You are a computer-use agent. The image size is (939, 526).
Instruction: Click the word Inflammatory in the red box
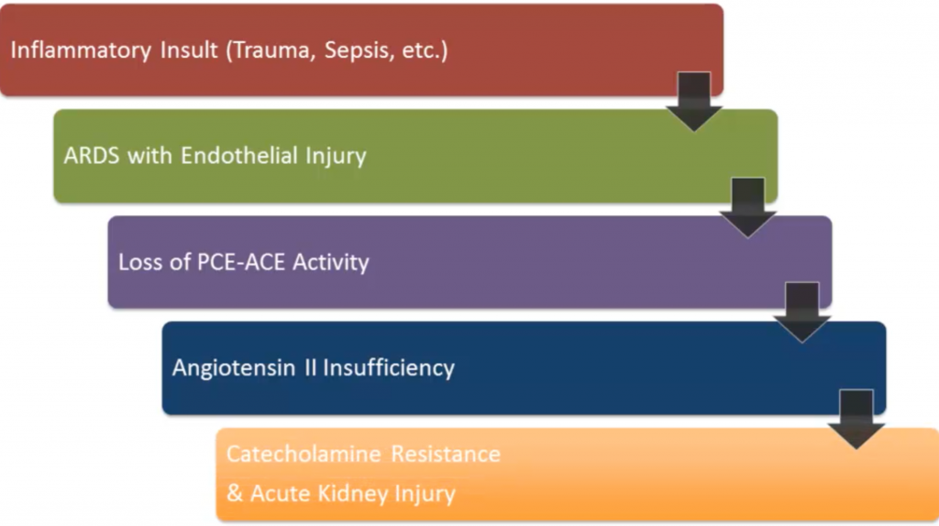(81, 50)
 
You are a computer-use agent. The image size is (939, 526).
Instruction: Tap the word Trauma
(271, 50)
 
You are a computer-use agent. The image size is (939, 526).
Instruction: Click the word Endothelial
(239, 156)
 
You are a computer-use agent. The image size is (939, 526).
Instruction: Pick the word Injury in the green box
(336, 157)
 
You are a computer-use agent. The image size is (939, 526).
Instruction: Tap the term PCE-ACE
(241, 262)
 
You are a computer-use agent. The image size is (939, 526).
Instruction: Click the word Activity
(330, 263)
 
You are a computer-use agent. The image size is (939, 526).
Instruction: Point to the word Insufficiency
(389, 368)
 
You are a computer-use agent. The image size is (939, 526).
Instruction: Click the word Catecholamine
(304, 455)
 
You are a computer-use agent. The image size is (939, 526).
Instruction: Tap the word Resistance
(446, 455)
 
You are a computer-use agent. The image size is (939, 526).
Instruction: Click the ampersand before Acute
(234, 494)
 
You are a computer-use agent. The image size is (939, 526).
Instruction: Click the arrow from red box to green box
(694, 102)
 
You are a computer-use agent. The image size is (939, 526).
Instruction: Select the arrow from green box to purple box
(748, 208)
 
